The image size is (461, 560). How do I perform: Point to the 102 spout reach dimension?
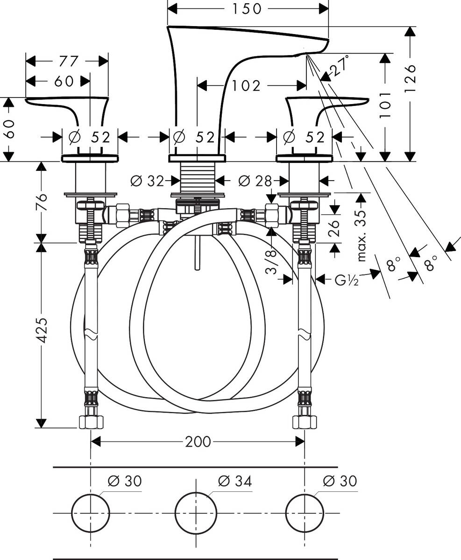point(246,85)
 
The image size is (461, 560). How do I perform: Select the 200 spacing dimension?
point(198,441)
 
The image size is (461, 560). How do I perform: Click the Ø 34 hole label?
point(235,481)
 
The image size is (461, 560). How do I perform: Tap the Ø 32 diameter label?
point(148,180)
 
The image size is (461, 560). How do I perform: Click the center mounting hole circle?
point(196,512)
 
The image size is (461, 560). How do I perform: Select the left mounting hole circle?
point(90,512)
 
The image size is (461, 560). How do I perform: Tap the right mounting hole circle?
point(305,512)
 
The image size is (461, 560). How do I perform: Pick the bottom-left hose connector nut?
point(90,422)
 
